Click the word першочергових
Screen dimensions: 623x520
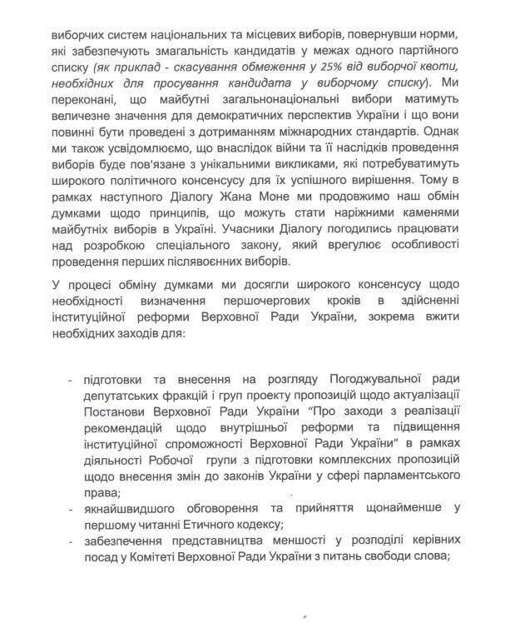[x=275, y=301]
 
